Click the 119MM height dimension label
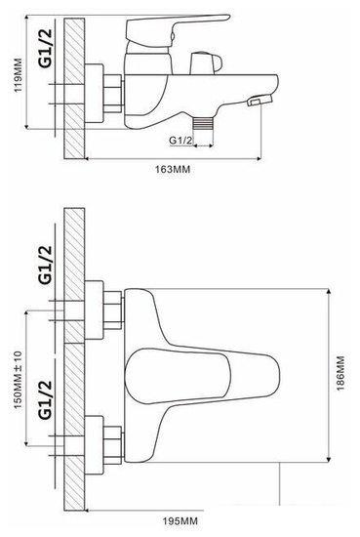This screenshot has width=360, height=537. coord(18,75)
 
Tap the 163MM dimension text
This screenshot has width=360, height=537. coord(173,169)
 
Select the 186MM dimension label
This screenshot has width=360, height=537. coord(340,374)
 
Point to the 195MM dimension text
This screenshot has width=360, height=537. coord(180,521)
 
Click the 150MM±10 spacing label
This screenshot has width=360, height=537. coord(18,380)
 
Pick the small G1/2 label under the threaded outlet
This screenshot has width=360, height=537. coord(181,140)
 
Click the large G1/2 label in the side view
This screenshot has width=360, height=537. coord(46,48)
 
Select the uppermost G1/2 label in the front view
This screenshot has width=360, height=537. coord(46,265)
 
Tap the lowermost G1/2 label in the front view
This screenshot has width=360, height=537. coord(46,400)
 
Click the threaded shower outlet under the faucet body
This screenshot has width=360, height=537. coord(204,123)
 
